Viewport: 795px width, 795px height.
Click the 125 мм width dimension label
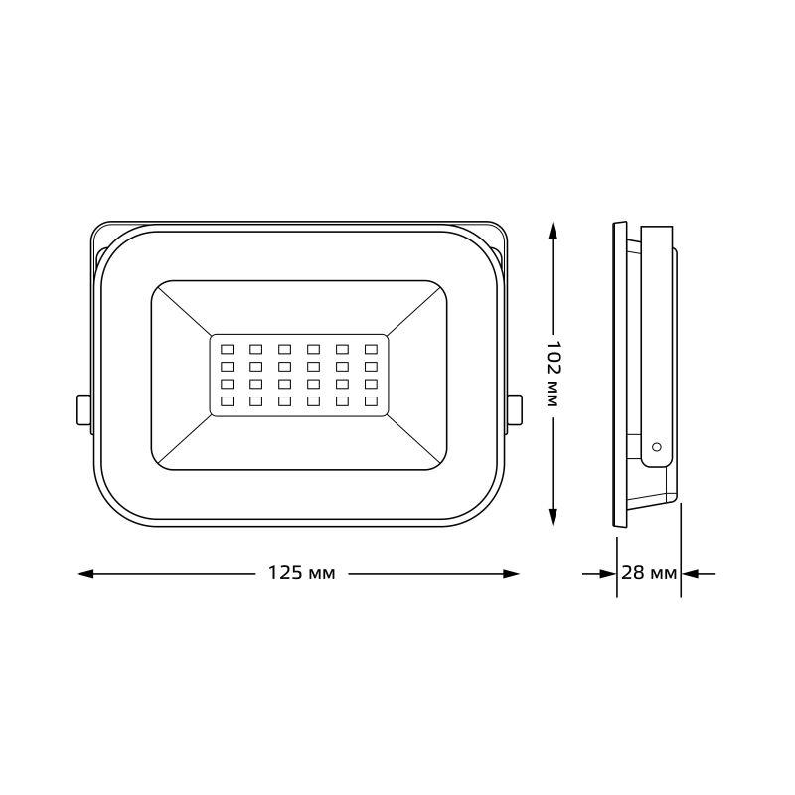301,574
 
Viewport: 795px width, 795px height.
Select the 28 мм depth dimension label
649,574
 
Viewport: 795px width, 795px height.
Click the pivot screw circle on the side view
656,449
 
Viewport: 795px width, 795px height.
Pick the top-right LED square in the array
372,349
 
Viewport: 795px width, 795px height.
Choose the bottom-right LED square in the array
372,401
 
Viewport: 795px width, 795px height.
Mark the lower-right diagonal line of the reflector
412,440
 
